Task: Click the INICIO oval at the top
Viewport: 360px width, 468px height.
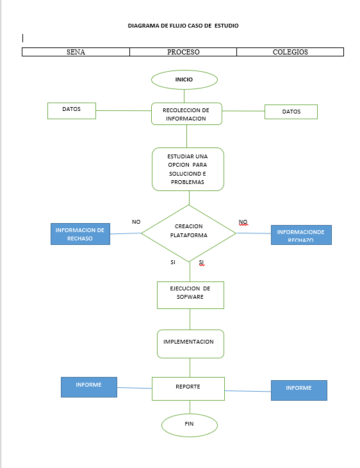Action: [x=184, y=79]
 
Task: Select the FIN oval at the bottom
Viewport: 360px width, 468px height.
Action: [x=189, y=424]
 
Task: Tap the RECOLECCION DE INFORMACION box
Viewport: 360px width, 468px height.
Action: [x=186, y=114]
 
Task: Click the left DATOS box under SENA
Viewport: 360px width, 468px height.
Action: [x=72, y=110]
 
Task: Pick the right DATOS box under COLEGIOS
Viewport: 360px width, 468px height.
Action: [x=291, y=112]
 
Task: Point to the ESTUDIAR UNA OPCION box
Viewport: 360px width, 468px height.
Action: [x=187, y=169]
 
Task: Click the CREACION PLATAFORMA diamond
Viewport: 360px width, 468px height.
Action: [x=188, y=233]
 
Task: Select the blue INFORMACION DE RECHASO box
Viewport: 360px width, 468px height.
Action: [x=79, y=234]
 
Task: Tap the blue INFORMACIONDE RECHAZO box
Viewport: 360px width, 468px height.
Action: [x=301, y=235]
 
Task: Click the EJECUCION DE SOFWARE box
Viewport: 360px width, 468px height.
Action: [x=190, y=295]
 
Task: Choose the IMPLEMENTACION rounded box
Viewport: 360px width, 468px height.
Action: [x=190, y=343]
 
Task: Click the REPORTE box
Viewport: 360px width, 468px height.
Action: [x=188, y=388]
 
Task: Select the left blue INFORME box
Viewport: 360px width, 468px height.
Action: [x=88, y=387]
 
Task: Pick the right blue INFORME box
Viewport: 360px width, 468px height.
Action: [x=299, y=390]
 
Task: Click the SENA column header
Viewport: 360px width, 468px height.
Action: [x=76, y=52]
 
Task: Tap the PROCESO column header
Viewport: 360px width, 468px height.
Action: [x=183, y=52]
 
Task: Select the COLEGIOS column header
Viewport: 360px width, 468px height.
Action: [x=290, y=52]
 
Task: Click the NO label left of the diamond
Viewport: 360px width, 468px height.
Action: [x=136, y=222]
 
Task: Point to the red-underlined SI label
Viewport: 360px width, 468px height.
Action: [x=201, y=263]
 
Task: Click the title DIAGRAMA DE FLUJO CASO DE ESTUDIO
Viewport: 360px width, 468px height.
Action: [x=183, y=26]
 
